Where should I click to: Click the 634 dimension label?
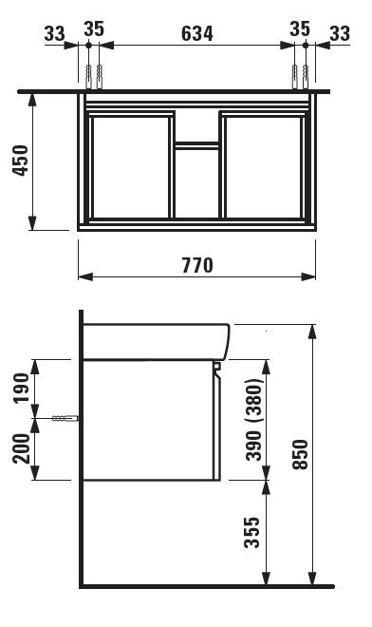[x=197, y=33]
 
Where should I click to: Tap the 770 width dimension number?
[x=197, y=265]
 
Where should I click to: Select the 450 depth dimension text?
[x=20, y=161]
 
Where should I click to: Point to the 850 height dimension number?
[x=300, y=454]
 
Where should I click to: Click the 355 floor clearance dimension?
[x=252, y=533]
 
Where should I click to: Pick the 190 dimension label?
[x=22, y=388]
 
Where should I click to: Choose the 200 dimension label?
[x=22, y=448]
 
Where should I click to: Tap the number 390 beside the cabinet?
[x=253, y=446]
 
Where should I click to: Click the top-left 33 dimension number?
[x=54, y=33]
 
